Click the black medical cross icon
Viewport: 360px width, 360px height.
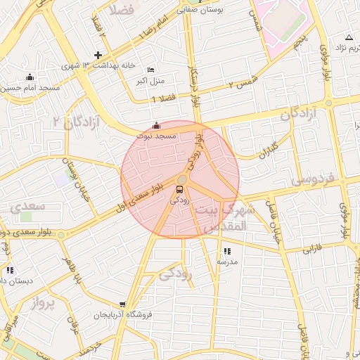98,55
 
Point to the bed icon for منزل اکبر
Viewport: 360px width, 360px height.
151,70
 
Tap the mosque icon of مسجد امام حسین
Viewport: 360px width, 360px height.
29,77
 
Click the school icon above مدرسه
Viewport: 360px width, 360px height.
226,251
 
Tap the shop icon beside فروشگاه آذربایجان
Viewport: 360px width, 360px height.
123,304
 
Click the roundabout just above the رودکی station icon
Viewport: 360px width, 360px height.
181,180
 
